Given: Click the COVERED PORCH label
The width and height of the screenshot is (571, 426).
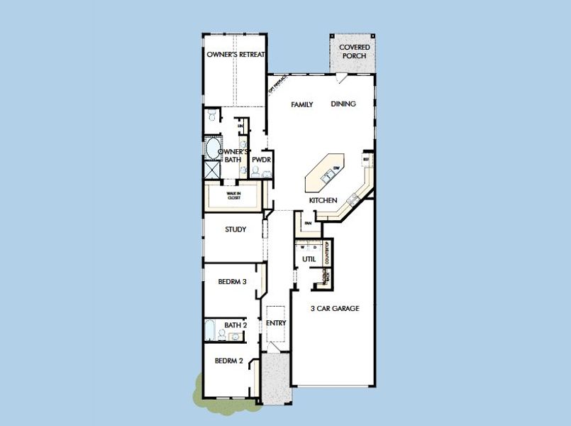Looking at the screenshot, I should [x=355, y=52].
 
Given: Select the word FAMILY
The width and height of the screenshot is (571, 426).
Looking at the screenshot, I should [x=302, y=104].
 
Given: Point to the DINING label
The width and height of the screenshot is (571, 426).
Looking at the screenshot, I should [x=343, y=104].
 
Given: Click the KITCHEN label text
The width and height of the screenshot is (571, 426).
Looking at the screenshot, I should [x=323, y=201].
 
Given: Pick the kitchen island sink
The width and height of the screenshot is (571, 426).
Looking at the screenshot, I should [x=328, y=175].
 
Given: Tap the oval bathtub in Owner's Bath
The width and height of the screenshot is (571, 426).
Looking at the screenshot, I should [x=212, y=149].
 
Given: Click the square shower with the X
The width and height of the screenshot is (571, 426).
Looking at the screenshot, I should [x=212, y=170].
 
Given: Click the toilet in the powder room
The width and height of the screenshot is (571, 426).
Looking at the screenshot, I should [x=255, y=171].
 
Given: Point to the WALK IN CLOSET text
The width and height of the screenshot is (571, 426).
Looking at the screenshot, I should [x=233, y=196].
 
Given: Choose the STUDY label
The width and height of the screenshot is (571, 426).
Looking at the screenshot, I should [x=235, y=229].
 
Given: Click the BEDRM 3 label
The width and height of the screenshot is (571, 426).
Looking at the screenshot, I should [x=232, y=282].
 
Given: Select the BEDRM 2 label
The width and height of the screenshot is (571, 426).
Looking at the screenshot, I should [x=229, y=361].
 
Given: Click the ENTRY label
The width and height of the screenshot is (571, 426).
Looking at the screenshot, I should [x=275, y=324].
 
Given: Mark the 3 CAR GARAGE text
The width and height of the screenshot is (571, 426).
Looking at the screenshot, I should [x=335, y=309].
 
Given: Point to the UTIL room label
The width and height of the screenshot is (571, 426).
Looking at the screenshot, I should [x=309, y=259].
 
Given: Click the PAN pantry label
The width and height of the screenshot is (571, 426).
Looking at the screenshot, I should [x=308, y=224].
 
